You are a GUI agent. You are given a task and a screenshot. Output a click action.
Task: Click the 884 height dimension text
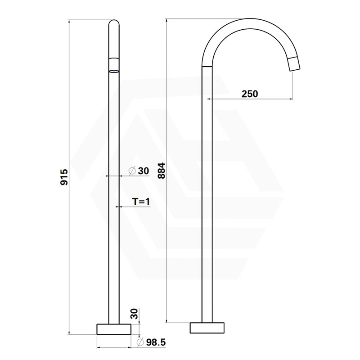click(x=161, y=171)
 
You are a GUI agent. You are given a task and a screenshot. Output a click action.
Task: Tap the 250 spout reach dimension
click(x=249, y=94)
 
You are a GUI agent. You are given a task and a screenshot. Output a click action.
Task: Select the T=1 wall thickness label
click(x=141, y=202)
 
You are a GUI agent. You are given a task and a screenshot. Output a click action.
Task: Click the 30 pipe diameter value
click(x=143, y=171)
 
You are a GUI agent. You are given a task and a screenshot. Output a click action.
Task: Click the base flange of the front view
click(x=114, y=329)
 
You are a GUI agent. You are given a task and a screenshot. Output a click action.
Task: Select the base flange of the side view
click(x=207, y=328)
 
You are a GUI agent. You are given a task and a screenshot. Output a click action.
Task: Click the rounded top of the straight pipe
click(x=114, y=22)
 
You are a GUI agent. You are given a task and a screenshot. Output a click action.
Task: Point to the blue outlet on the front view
click(x=114, y=71)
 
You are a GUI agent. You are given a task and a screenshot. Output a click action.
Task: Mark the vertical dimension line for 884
click(x=166, y=247)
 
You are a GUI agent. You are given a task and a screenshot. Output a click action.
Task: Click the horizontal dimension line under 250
click(x=249, y=99)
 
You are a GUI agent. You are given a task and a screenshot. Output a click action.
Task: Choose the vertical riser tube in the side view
click(x=207, y=202)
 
